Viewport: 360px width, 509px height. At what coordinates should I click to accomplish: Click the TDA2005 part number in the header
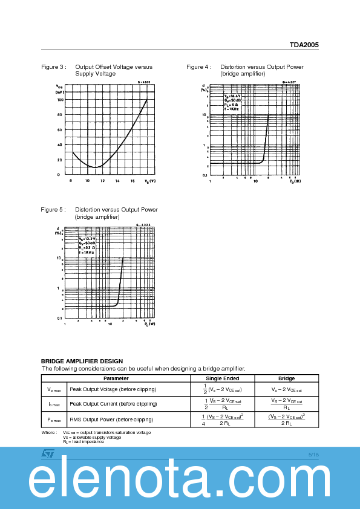click(x=304, y=45)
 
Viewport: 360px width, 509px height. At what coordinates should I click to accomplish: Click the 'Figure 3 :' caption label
click(x=53, y=67)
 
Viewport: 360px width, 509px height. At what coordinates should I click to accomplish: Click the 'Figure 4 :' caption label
click(x=198, y=67)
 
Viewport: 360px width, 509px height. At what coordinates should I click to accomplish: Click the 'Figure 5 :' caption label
click(x=53, y=210)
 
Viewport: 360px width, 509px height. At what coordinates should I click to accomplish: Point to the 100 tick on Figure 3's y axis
click(x=60, y=100)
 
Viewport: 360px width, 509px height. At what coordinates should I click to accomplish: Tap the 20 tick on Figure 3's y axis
click(x=59, y=160)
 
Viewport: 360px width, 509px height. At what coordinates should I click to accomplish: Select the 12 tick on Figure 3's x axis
click(x=102, y=181)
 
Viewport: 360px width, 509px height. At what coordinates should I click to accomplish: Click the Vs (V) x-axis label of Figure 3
click(x=149, y=181)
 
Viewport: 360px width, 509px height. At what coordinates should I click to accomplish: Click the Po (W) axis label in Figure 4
click(x=295, y=181)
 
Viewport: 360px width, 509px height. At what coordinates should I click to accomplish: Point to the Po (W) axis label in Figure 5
click(x=149, y=324)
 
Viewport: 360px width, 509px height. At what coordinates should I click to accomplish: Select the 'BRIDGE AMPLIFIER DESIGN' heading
click(x=82, y=361)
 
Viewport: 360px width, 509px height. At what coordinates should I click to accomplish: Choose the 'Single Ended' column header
click(x=222, y=378)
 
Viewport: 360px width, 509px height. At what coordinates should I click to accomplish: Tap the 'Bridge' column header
click(x=286, y=378)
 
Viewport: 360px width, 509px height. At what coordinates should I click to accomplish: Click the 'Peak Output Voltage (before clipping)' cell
click(x=113, y=389)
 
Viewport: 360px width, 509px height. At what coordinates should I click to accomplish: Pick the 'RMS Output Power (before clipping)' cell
click(x=111, y=420)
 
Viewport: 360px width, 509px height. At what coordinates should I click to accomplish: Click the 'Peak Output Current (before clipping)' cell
click(x=113, y=404)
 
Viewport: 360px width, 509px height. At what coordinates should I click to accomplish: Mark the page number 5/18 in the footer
click(x=313, y=454)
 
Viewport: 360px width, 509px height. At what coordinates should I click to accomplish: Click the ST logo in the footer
click(x=48, y=453)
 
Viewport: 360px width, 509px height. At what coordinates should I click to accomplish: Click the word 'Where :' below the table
click(x=49, y=433)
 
